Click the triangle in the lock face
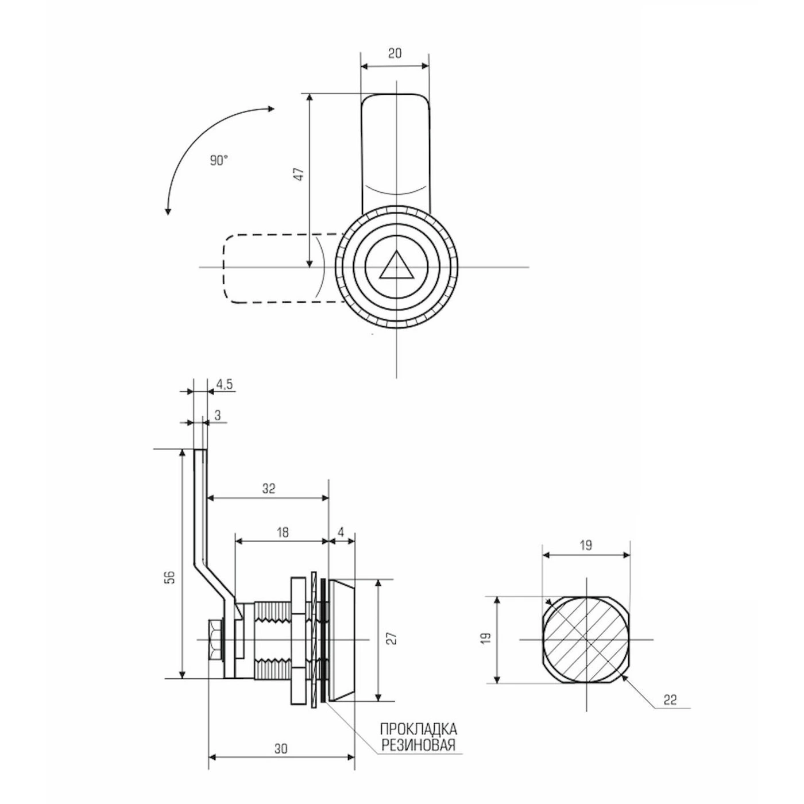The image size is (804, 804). pyautogui.click(x=396, y=267)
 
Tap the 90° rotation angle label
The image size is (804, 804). pyautogui.click(x=219, y=161)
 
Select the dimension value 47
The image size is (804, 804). pyautogui.click(x=300, y=174)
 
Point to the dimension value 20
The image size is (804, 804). pyautogui.click(x=395, y=53)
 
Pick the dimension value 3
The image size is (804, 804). pyautogui.click(x=218, y=415)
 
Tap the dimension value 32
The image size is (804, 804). pyautogui.click(x=269, y=489)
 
